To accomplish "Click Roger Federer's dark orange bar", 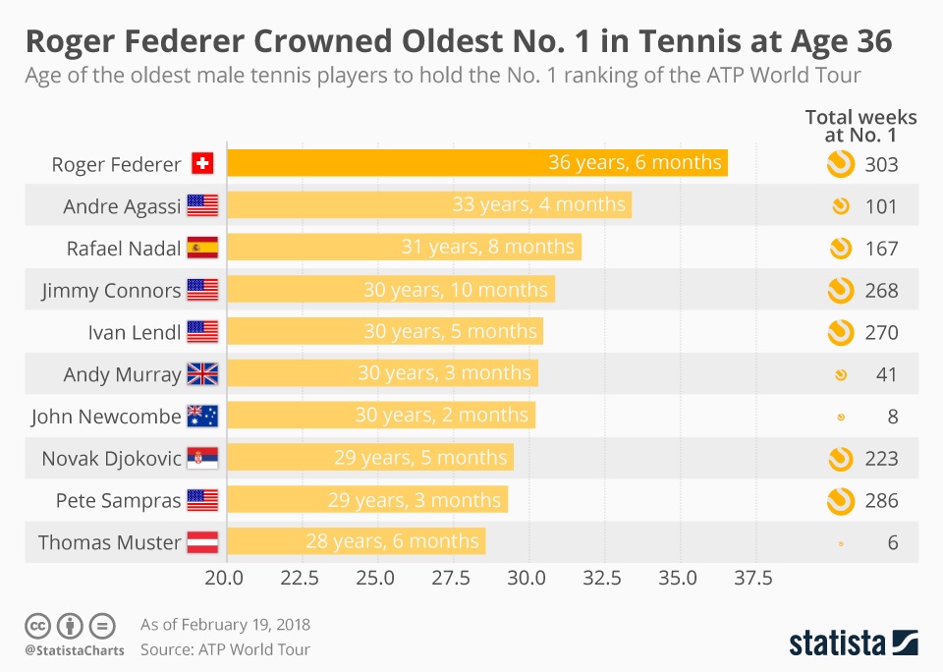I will [x=477, y=163].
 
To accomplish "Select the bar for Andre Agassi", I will [x=429, y=205].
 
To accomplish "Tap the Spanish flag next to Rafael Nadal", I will [x=202, y=248].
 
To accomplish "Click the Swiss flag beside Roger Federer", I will [x=202, y=164].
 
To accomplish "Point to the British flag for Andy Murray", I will [x=202, y=374].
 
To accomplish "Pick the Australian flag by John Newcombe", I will [x=202, y=417].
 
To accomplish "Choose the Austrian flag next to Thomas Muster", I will [x=202, y=542].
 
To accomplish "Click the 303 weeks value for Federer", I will [x=881, y=165].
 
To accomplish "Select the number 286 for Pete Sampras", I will [x=881, y=501].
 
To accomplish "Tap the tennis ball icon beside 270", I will [x=840, y=332].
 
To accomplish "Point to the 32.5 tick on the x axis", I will [x=602, y=578].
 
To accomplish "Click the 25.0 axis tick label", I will [x=375, y=578].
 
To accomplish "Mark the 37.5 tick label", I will [x=752, y=578].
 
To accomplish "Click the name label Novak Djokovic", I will [x=111, y=459].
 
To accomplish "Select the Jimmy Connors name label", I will [x=111, y=291].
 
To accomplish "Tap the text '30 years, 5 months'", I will [x=451, y=332].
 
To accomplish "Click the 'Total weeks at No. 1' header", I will [x=860, y=127].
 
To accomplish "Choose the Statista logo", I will [x=854, y=643].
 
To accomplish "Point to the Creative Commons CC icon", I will [x=38, y=625].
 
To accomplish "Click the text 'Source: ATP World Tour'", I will [x=225, y=649].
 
